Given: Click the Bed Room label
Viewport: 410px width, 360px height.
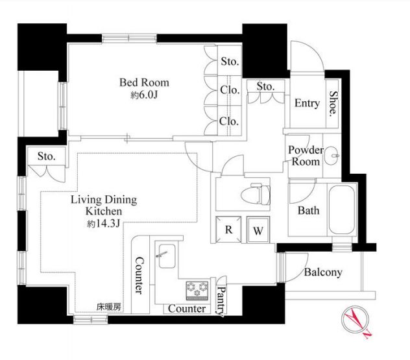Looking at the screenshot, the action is (x=144, y=82).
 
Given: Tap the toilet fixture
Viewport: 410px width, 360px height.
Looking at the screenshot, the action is (x=256, y=195).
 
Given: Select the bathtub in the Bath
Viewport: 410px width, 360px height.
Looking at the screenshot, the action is (x=342, y=210).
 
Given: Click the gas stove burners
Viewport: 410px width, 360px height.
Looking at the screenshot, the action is (x=197, y=291).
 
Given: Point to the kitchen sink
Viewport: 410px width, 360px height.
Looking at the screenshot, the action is (x=167, y=256).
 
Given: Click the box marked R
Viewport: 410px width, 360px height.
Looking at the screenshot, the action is (x=228, y=230).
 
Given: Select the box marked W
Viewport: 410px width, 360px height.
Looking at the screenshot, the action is (x=258, y=230).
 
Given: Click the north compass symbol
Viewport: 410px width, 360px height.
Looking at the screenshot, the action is (x=356, y=321).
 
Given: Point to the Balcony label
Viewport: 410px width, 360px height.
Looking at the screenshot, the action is (x=323, y=272).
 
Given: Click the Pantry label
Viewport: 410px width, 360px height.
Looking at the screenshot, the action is (x=221, y=301).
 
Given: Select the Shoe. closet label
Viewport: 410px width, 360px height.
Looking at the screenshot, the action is (x=333, y=104).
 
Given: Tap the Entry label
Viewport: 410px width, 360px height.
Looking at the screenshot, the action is (x=307, y=103).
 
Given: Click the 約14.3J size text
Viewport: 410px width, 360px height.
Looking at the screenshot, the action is (x=104, y=224).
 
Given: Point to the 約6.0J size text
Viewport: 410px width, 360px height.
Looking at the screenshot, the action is (x=144, y=95).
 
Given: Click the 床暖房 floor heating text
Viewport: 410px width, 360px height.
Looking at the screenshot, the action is (x=109, y=307).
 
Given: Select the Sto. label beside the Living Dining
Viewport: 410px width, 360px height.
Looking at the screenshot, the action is (x=47, y=156).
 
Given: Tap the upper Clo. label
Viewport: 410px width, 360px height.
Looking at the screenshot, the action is (x=230, y=90).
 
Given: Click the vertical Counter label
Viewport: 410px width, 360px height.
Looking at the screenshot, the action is (x=139, y=275).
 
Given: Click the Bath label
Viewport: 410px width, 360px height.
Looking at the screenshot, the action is (x=309, y=210).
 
